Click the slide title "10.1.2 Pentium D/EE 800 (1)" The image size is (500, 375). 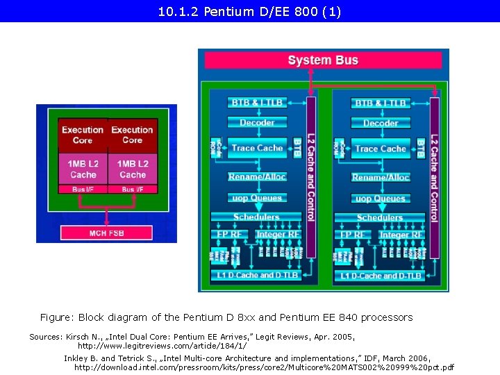(x=250, y=12)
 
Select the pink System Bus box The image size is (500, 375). (x=323, y=60)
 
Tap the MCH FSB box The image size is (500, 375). (x=106, y=233)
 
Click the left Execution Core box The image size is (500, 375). (x=83, y=135)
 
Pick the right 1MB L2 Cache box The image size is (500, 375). (x=132, y=169)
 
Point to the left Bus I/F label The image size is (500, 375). (x=83, y=190)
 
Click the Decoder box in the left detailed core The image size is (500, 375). (x=257, y=123)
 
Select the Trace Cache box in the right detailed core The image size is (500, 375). (x=380, y=149)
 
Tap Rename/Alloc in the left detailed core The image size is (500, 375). (x=257, y=177)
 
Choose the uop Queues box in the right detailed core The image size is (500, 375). (x=380, y=199)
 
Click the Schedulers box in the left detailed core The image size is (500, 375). (x=257, y=217)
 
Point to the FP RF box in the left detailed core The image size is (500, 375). (x=229, y=235)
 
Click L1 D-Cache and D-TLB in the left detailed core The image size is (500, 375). (x=257, y=276)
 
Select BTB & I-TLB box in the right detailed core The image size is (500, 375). (x=380, y=103)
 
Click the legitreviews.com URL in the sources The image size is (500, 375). (x=162, y=345)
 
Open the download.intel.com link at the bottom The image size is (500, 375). (x=264, y=367)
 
